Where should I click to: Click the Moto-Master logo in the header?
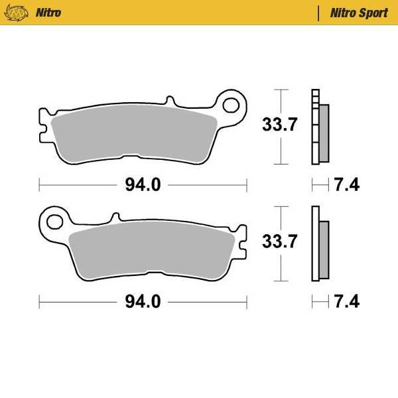coord(21,13)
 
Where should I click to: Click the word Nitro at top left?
coord(50,13)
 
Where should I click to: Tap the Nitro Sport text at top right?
coord(359,13)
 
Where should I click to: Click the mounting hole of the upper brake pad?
coord(232,104)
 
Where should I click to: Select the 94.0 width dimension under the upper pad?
coord(143,185)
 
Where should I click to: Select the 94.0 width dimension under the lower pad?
coord(143,302)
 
